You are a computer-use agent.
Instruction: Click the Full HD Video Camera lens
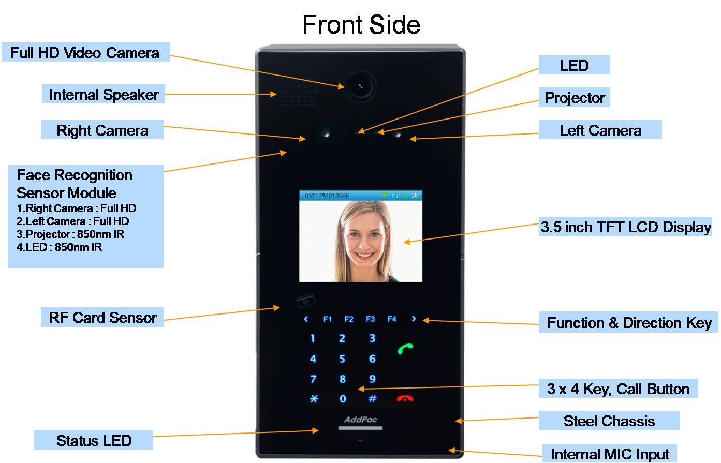click(361, 86)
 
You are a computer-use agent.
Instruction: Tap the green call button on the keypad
click(405, 349)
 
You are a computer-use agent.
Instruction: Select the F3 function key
click(370, 319)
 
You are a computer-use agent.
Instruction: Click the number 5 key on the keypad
click(342, 359)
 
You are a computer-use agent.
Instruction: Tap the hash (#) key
click(372, 399)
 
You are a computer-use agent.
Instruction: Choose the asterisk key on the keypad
click(314, 399)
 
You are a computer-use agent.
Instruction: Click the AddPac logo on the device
click(360, 420)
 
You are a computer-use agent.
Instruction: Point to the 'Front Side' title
click(361, 25)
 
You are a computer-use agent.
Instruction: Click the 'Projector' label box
click(575, 97)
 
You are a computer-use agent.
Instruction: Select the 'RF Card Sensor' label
click(102, 317)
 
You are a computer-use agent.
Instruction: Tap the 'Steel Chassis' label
click(609, 421)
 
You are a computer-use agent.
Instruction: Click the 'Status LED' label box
click(94, 440)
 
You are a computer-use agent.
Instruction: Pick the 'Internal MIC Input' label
click(610, 454)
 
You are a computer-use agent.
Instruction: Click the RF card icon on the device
click(305, 300)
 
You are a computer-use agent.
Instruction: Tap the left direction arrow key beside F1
click(306, 319)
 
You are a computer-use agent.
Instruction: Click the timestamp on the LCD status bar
click(327, 196)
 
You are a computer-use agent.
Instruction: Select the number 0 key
click(343, 399)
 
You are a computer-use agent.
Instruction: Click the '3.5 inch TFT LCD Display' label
click(626, 227)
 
